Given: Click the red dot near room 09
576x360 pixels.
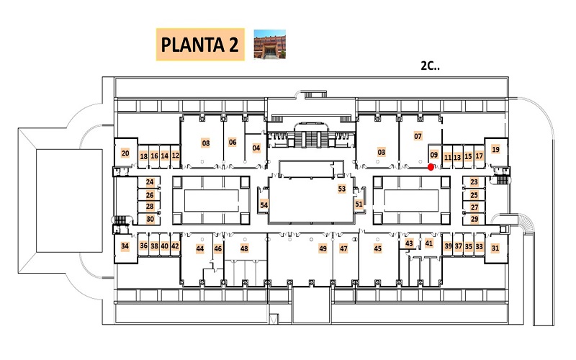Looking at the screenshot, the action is [x=431, y=167].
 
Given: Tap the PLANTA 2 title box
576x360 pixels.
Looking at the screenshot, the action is [x=200, y=45].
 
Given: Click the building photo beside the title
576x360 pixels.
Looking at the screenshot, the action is [x=269, y=44].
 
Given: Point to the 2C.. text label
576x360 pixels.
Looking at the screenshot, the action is [x=430, y=66].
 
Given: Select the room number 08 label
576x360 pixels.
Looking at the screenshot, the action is [x=206, y=143].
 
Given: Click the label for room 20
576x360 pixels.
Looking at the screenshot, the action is [x=125, y=153].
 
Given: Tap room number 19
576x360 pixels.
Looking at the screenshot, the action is [x=495, y=149].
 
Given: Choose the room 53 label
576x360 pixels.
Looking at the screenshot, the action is [x=342, y=189].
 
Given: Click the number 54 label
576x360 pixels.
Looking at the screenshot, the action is [x=264, y=205].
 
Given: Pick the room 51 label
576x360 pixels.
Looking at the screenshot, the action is [x=359, y=204].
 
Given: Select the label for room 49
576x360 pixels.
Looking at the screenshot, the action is [x=323, y=248].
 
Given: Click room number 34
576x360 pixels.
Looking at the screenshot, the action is [x=125, y=246].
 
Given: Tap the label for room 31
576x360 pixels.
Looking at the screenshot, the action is [x=495, y=248].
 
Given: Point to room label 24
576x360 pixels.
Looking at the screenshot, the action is [x=150, y=182].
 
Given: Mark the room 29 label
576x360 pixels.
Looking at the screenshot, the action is [x=474, y=219].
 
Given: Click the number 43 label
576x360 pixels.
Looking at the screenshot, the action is [x=409, y=243].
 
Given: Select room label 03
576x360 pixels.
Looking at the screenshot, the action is [x=382, y=152].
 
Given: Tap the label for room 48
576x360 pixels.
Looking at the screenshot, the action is [x=244, y=248].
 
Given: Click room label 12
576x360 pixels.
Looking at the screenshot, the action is [x=176, y=156].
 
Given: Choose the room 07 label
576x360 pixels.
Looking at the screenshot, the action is [x=418, y=136].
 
